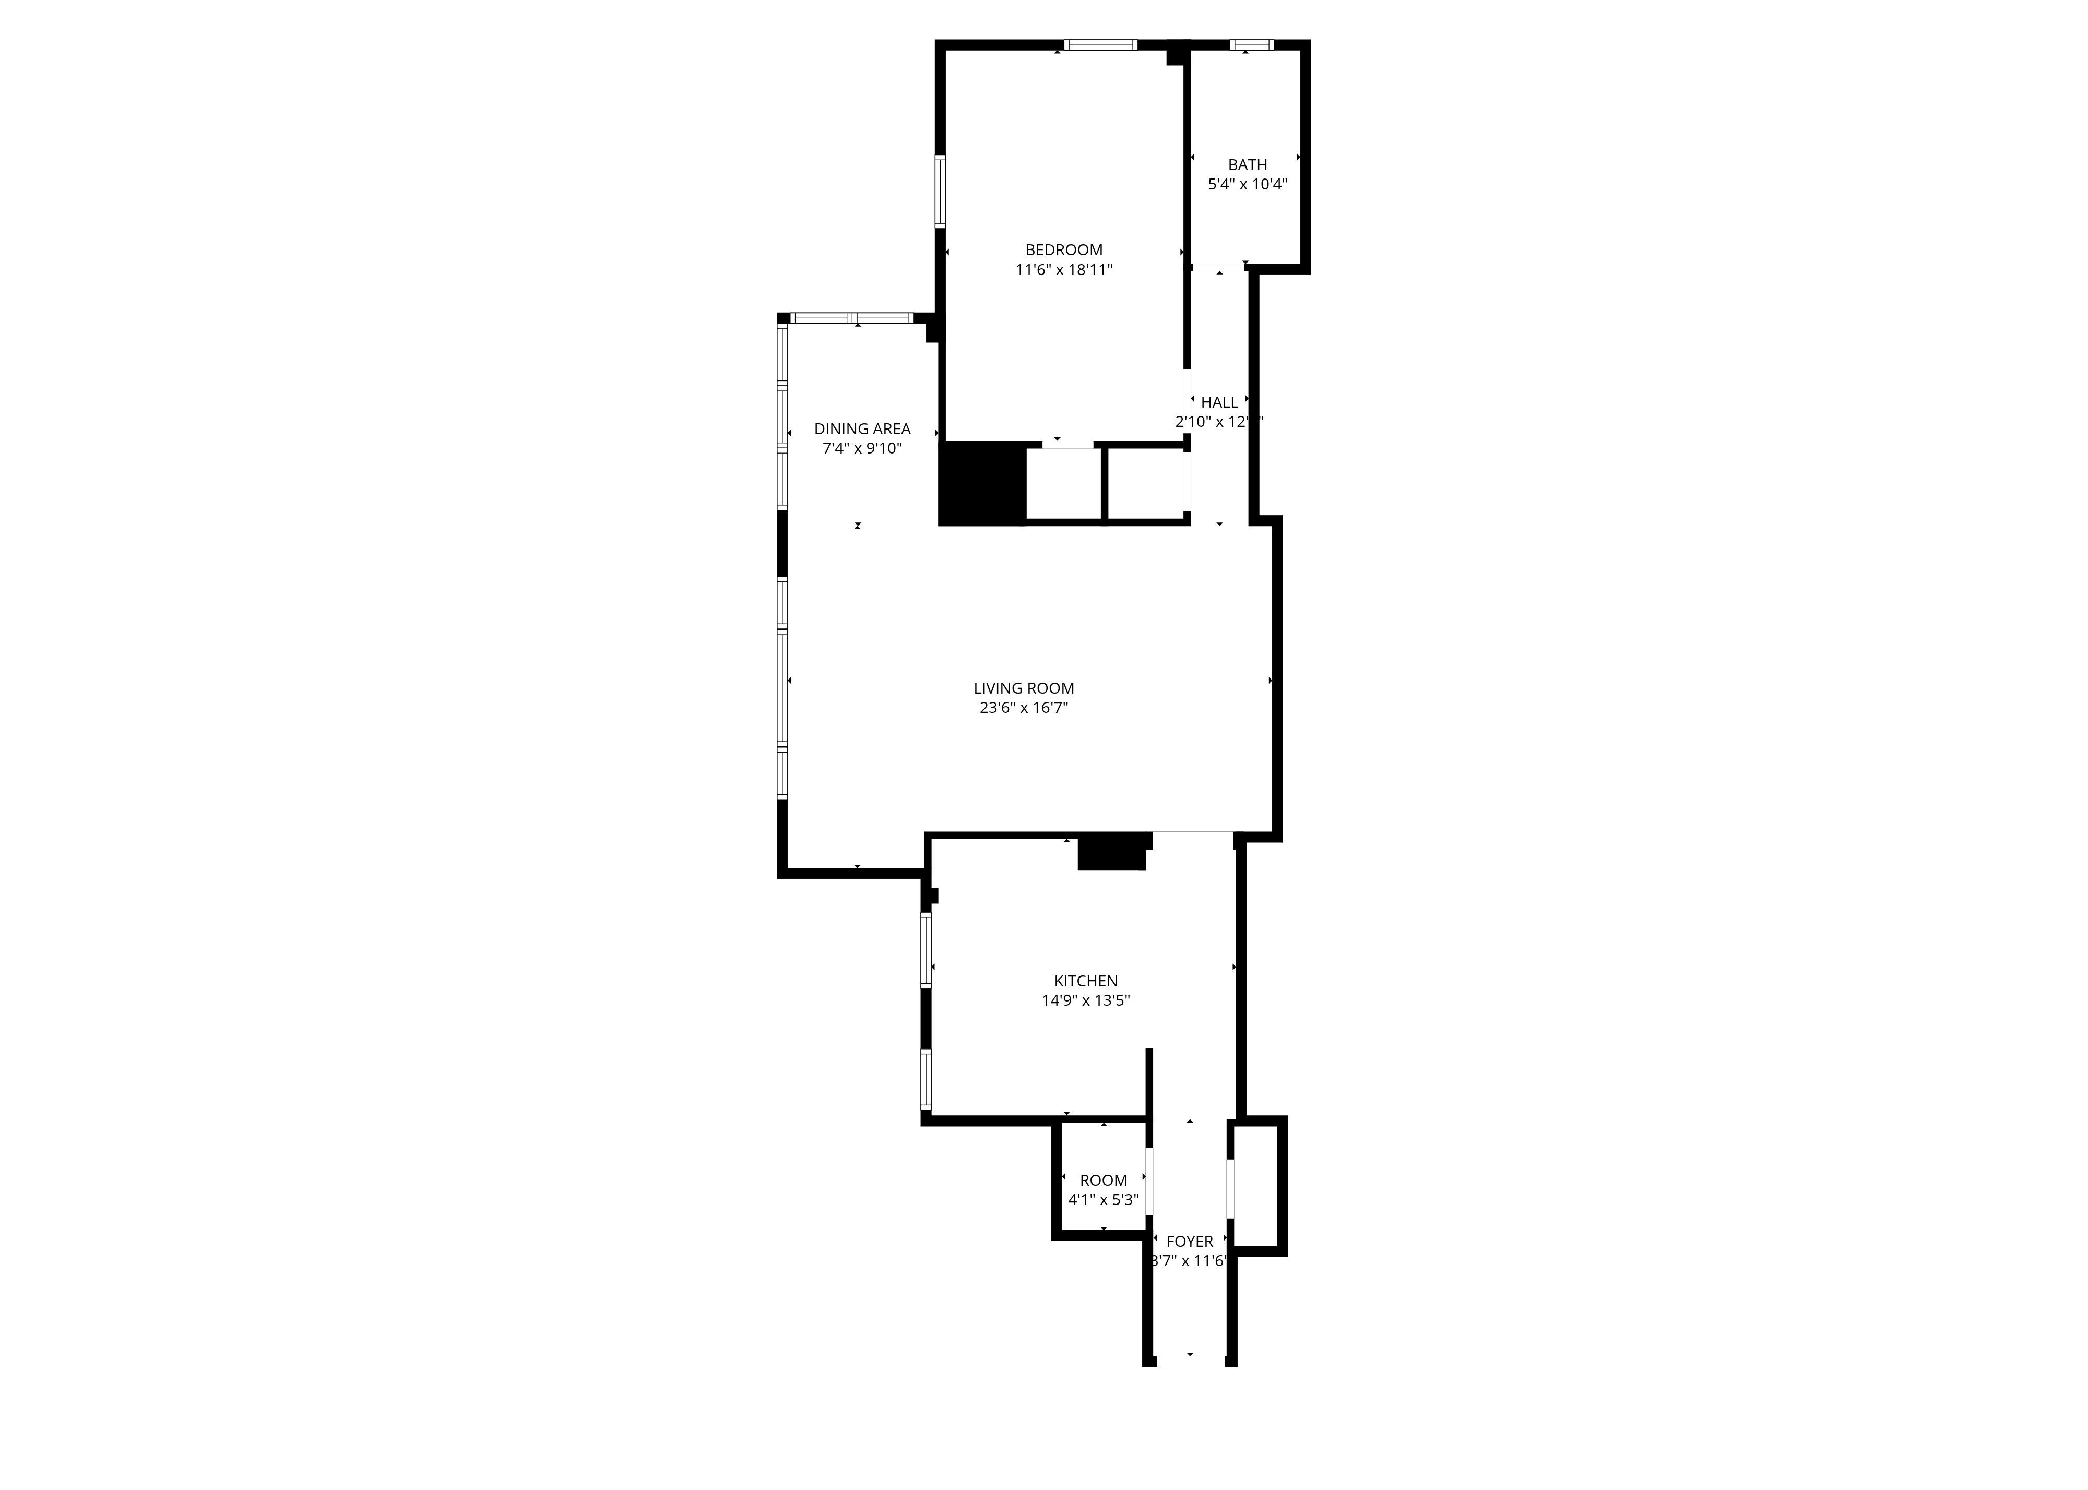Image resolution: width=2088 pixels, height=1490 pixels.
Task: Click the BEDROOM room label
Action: pyautogui.click(x=1063, y=249)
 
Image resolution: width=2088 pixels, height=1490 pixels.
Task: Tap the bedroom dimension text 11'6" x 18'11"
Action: pyautogui.click(x=1063, y=270)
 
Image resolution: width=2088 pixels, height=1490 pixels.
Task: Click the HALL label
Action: pyautogui.click(x=1219, y=402)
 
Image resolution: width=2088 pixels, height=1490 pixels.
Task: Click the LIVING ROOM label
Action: pyautogui.click(x=1023, y=688)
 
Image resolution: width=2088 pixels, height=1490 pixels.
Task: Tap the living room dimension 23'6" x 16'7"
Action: pyautogui.click(x=1023, y=707)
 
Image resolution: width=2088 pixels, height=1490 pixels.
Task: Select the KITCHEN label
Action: pyautogui.click(x=1085, y=981)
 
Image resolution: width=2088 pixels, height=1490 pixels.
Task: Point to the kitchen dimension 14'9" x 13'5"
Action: pyautogui.click(x=1085, y=1000)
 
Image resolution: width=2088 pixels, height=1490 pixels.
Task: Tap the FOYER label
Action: pyautogui.click(x=1189, y=1242)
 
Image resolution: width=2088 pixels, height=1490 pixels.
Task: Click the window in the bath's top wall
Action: pyautogui.click(x=1251, y=44)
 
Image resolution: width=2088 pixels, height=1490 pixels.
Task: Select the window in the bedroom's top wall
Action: pyautogui.click(x=1100, y=44)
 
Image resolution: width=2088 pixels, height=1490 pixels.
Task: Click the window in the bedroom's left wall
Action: pyautogui.click(x=940, y=191)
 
